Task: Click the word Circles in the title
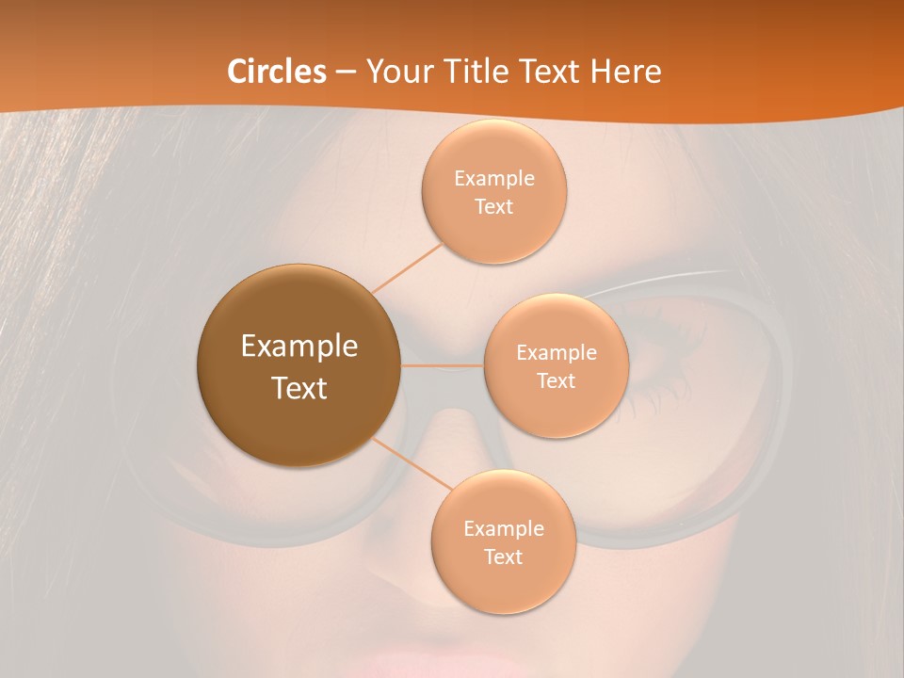click(x=277, y=72)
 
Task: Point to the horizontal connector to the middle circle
click(x=442, y=365)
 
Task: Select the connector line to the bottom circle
click(x=412, y=463)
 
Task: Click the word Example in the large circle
click(x=299, y=347)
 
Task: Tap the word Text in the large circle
click(x=299, y=388)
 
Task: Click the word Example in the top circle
click(x=493, y=179)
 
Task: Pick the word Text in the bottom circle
click(x=503, y=557)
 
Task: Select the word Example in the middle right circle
click(x=556, y=353)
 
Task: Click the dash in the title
click(x=347, y=72)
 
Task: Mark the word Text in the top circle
click(x=493, y=207)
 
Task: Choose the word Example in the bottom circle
click(x=503, y=528)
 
